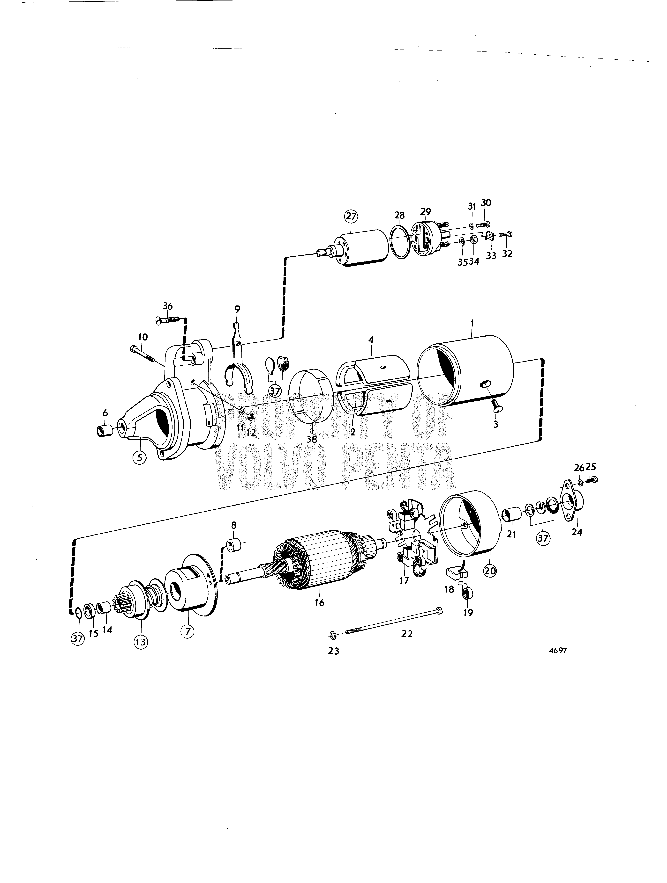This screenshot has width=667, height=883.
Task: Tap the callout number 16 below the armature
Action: (x=320, y=602)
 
